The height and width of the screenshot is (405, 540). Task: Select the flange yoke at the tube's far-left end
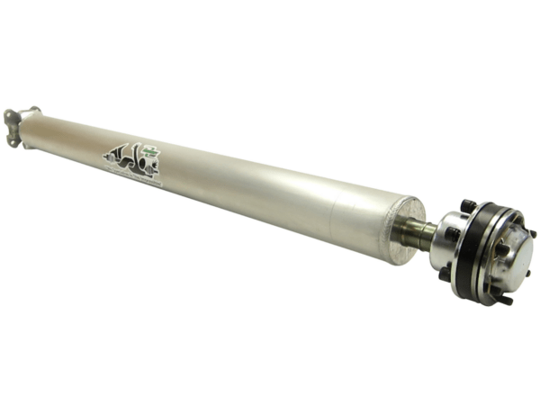point(15,125)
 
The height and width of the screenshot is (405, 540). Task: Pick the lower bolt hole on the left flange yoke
point(13,140)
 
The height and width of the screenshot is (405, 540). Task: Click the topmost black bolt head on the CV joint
point(467,206)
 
